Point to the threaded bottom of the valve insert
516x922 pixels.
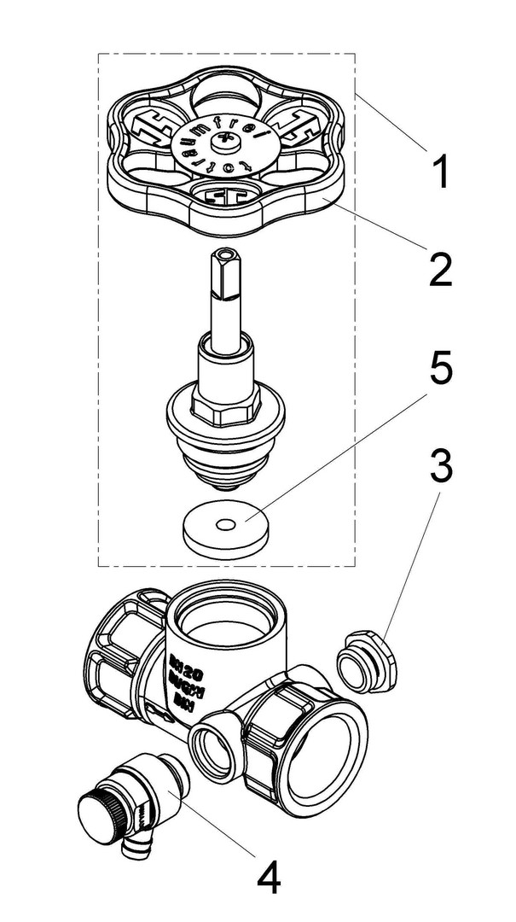click(225, 470)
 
